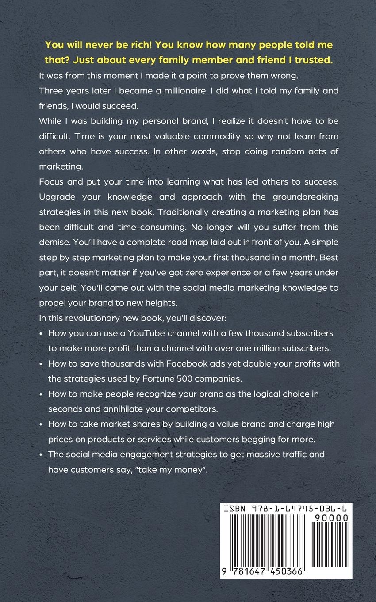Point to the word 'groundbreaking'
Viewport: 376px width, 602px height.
(301, 197)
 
